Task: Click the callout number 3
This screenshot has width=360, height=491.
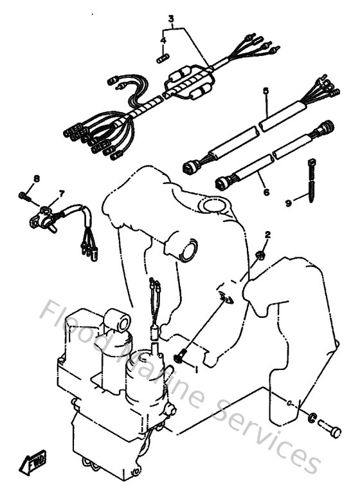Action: tap(172, 19)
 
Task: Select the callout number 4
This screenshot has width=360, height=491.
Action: tap(164, 40)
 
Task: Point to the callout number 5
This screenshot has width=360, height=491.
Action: tap(264, 92)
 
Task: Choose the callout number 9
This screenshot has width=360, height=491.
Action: tap(289, 202)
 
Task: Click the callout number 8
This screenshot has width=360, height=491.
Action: tap(37, 178)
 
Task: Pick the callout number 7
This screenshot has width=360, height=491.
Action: tap(61, 192)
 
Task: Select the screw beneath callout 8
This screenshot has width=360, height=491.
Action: tap(24, 196)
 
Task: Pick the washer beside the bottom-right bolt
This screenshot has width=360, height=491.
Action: tap(311, 419)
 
